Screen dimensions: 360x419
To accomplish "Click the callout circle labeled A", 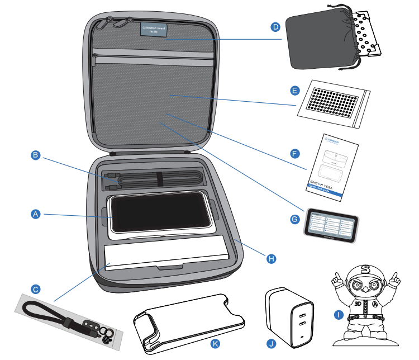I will [35, 214].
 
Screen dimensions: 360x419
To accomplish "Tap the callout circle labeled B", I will [35, 157].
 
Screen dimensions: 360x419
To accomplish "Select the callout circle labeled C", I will [35, 290].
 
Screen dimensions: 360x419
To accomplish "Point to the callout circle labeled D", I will [275, 26].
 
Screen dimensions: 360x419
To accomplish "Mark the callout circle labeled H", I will [271, 258].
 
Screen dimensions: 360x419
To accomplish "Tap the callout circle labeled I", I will [337, 315].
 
